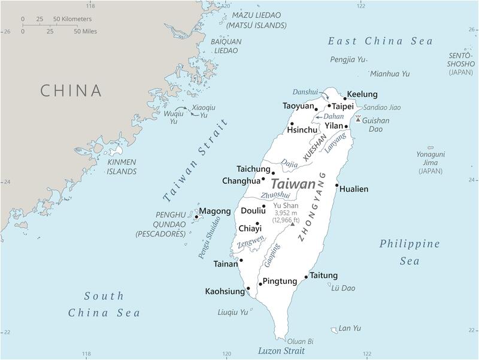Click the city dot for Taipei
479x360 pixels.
point(329,106)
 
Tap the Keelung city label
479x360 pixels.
point(362,95)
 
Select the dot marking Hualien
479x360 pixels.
point(337,185)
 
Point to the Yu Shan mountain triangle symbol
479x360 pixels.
point(292,223)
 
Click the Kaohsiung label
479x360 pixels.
point(225,292)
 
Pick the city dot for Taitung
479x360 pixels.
point(307,277)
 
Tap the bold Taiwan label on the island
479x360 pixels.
point(293,184)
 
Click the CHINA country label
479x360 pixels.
point(71,90)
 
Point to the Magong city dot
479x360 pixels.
point(196,217)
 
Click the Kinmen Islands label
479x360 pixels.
point(122,167)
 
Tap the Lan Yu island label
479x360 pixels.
point(350,328)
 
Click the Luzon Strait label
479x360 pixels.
point(281,351)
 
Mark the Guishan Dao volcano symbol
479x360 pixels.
point(358,119)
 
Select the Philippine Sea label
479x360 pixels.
point(410,252)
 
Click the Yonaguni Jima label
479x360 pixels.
point(431,162)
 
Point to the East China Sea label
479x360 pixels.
point(380,41)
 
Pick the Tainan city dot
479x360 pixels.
point(241,261)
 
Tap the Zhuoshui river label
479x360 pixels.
point(275,195)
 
